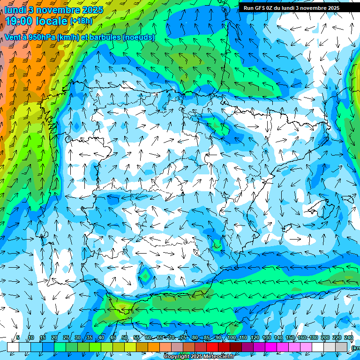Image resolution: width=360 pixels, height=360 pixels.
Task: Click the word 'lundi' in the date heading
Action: (x=15, y=9)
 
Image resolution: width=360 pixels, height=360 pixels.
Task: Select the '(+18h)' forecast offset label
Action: (x=81, y=21)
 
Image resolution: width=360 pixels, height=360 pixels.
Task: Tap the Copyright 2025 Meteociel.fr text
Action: (x=199, y=357)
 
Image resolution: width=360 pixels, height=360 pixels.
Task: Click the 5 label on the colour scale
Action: (x=18, y=338)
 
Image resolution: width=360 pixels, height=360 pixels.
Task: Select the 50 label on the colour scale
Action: (x=125, y=338)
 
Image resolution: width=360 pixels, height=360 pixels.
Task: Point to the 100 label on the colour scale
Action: (x=232, y=338)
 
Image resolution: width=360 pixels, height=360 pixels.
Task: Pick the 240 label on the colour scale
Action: (x=349, y=338)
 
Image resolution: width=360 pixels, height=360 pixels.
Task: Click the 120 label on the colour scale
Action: (x=255, y=338)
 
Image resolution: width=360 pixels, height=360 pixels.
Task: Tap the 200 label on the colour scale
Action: (x=325, y=338)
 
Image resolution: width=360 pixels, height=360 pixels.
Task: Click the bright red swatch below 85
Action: (x=212, y=346)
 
